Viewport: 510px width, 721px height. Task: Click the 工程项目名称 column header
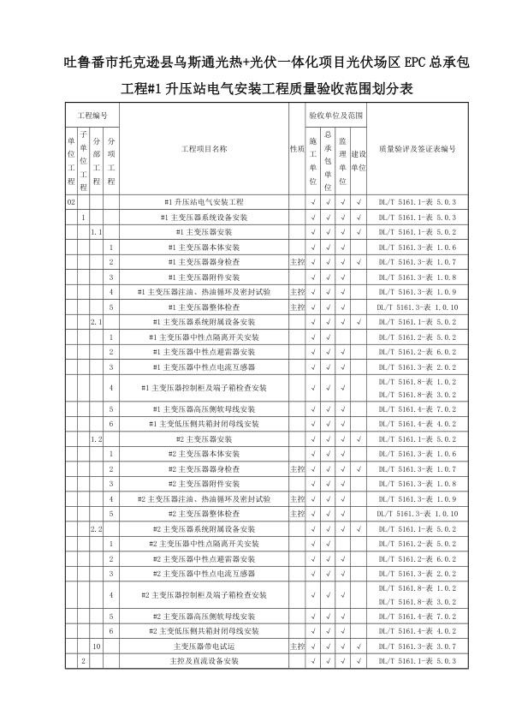tap(205, 148)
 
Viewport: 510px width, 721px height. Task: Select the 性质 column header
tap(298, 148)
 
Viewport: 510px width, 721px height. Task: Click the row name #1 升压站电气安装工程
tap(205, 202)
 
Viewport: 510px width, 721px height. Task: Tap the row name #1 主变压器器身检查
tap(205, 261)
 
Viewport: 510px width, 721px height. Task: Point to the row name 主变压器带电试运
tap(205, 647)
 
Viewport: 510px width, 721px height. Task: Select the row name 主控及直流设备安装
tap(205, 661)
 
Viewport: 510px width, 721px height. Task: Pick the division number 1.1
tap(97, 232)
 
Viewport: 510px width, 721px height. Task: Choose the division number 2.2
tap(97, 528)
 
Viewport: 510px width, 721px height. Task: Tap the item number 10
tap(97, 647)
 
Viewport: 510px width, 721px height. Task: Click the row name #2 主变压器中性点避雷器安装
tap(205, 558)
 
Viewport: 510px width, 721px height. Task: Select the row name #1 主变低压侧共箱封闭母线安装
tap(205, 424)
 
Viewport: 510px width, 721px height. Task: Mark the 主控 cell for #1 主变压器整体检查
tap(298, 307)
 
